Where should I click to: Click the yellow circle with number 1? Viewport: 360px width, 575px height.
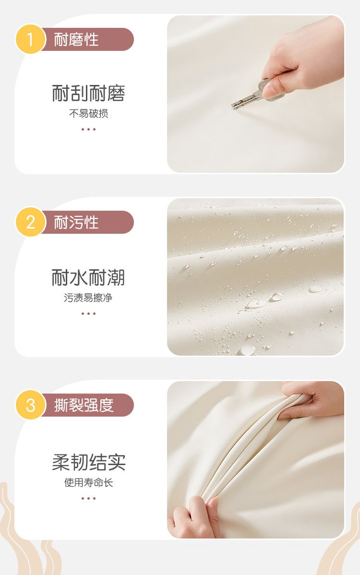(x=30, y=39)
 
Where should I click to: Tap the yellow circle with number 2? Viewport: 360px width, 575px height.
(x=30, y=222)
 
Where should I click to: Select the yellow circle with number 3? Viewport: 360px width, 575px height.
(x=30, y=405)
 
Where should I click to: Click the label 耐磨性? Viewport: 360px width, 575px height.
(x=76, y=39)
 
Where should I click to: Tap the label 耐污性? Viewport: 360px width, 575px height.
(x=76, y=222)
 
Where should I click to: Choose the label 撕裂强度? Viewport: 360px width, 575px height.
(x=84, y=405)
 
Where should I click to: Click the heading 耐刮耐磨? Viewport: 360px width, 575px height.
(x=88, y=93)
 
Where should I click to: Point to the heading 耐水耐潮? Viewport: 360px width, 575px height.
(x=88, y=277)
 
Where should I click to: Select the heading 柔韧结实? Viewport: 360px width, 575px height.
(x=89, y=462)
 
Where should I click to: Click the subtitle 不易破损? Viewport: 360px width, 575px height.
(x=88, y=114)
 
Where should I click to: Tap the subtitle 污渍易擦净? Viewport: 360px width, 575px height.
(x=88, y=298)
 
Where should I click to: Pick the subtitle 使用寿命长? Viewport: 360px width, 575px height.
(x=88, y=482)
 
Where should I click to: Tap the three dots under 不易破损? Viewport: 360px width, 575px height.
(x=88, y=129)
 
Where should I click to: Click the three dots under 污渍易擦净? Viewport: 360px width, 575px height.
(x=88, y=313)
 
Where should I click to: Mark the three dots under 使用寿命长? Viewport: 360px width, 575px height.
(x=88, y=498)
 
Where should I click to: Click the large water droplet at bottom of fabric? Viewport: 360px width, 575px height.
(x=248, y=350)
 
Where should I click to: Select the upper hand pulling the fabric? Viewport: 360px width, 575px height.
(x=312, y=400)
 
